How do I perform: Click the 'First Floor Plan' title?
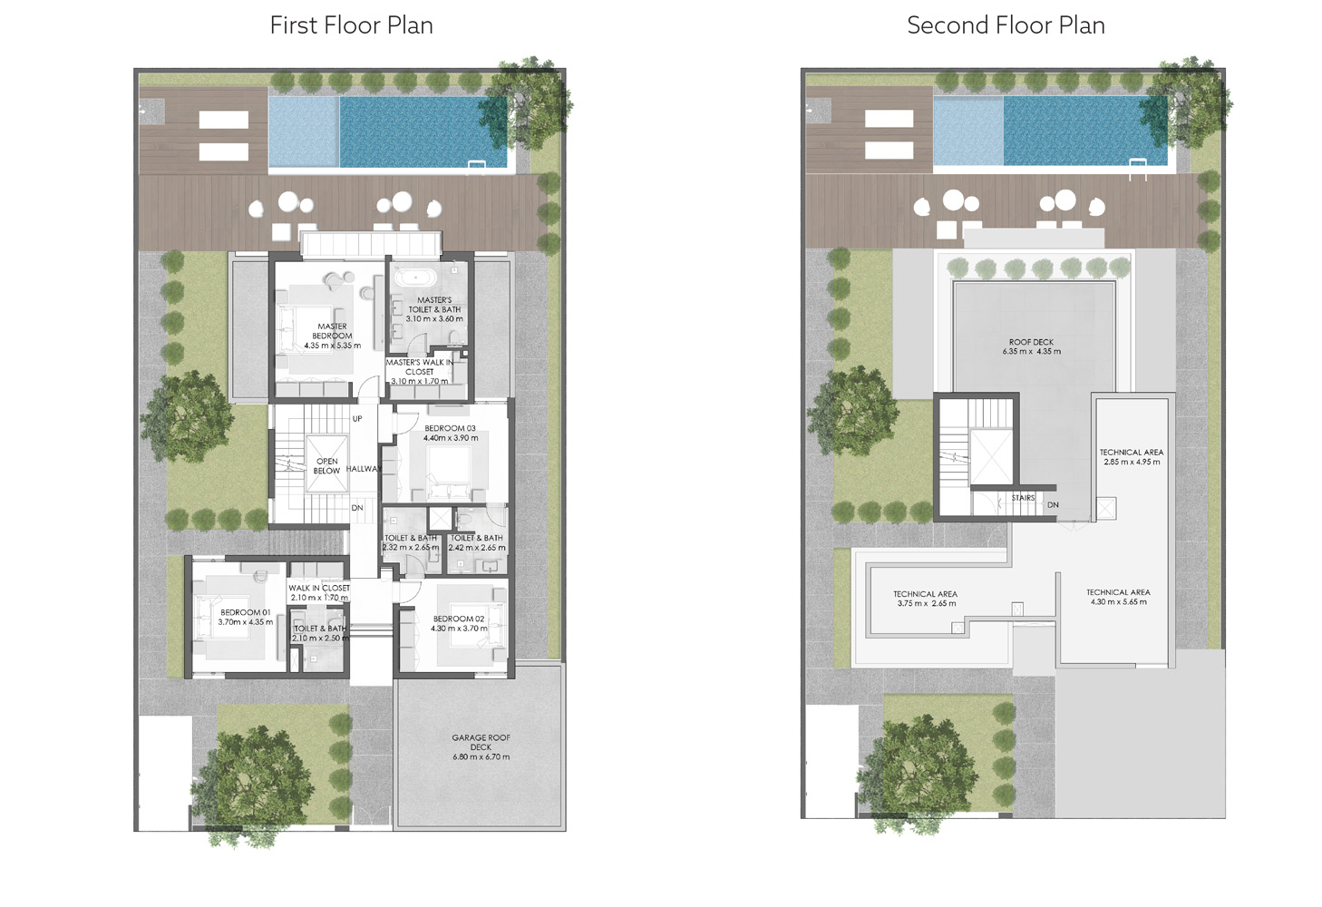(351, 25)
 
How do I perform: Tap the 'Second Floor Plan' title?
(1006, 25)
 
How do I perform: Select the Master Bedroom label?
(332, 336)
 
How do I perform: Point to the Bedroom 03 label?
(450, 433)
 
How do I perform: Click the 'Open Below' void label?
(326, 466)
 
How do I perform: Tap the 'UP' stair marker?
(357, 419)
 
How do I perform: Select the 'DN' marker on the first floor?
(357, 508)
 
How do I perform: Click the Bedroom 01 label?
(245, 617)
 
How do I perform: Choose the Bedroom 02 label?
(459, 623)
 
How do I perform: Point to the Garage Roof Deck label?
(481, 746)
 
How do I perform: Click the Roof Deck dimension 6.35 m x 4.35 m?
(1031, 352)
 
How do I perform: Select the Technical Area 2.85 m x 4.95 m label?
(1131, 457)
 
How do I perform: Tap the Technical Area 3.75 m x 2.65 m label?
(925, 599)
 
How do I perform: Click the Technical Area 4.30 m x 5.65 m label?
(1118, 597)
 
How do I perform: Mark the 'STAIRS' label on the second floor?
(1023, 498)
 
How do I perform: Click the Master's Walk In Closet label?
(419, 371)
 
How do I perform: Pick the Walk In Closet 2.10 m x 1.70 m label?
(319, 592)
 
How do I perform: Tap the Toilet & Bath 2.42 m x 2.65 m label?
(477, 542)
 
